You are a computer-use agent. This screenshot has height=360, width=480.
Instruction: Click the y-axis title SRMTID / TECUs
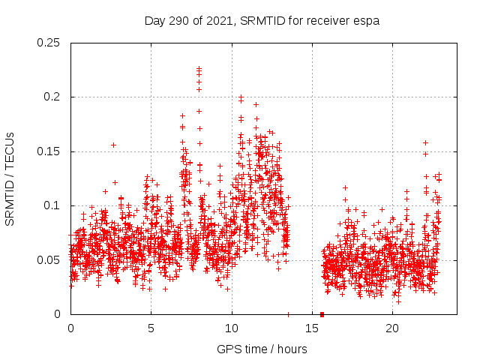(10, 178)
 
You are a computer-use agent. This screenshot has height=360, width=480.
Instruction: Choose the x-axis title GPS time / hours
(262, 349)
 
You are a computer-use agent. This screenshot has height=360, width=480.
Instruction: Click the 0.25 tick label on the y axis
(50, 43)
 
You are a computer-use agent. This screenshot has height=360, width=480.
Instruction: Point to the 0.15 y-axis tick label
(50, 151)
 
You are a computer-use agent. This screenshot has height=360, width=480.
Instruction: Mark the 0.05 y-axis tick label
(50, 260)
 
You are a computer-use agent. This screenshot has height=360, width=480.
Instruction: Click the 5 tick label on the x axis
(151, 328)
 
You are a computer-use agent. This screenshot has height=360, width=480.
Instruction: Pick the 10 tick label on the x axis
(231, 328)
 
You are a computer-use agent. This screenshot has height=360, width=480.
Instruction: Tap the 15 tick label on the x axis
(312, 328)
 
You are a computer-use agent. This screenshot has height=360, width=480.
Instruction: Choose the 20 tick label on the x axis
(392, 328)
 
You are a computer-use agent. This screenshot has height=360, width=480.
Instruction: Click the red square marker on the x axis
(322, 314)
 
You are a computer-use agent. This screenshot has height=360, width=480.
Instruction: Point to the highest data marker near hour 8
(199, 68)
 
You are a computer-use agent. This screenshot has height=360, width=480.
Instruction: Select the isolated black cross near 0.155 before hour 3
(114, 145)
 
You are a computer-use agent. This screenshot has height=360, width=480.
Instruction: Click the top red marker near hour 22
(425, 142)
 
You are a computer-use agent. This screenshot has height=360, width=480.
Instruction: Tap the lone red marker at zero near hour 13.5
(289, 314)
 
